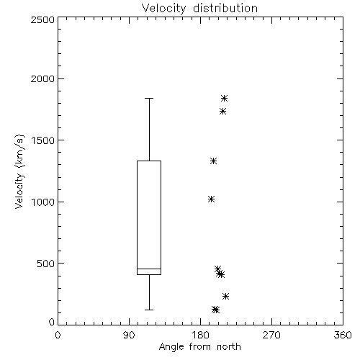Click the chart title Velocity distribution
[199, 9]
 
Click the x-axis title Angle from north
[199, 347]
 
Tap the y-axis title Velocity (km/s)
[19, 171]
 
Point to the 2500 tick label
[42, 19]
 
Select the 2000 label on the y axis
[42, 78]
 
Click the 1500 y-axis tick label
[43, 140]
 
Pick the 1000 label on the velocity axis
[43, 202]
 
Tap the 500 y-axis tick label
[46, 264]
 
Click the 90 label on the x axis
[129, 335]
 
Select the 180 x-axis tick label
[200, 335]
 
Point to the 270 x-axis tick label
[271, 335]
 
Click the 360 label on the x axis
[343, 335]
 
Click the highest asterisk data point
[224, 98]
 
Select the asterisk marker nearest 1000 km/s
[211, 199]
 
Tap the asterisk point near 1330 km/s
[213, 161]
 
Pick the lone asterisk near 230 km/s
[225, 296]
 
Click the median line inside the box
[149, 269]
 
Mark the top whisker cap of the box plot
[149, 98]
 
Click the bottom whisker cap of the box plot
[149, 310]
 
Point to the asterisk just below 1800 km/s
[223, 111]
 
